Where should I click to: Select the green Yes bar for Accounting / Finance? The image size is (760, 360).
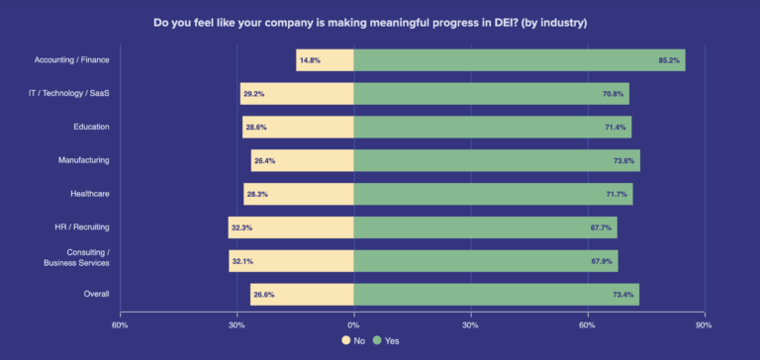click(519, 60)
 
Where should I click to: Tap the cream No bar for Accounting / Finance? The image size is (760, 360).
click(325, 60)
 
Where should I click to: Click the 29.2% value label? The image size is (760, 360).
click(256, 94)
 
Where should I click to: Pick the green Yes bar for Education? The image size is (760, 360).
click(492, 128)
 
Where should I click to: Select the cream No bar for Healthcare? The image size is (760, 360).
click(299, 194)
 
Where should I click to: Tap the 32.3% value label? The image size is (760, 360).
click(241, 227)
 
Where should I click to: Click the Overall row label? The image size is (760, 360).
click(96, 294)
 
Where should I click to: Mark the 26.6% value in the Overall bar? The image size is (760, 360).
click(263, 294)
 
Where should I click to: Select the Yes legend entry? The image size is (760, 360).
click(385, 340)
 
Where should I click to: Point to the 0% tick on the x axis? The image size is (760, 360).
click(353, 324)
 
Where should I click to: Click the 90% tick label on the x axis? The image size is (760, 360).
click(704, 324)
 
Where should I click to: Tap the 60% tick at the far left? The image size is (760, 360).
click(120, 324)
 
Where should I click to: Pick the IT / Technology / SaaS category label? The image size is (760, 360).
click(69, 94)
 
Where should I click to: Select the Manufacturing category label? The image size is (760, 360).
click(85, 160)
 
